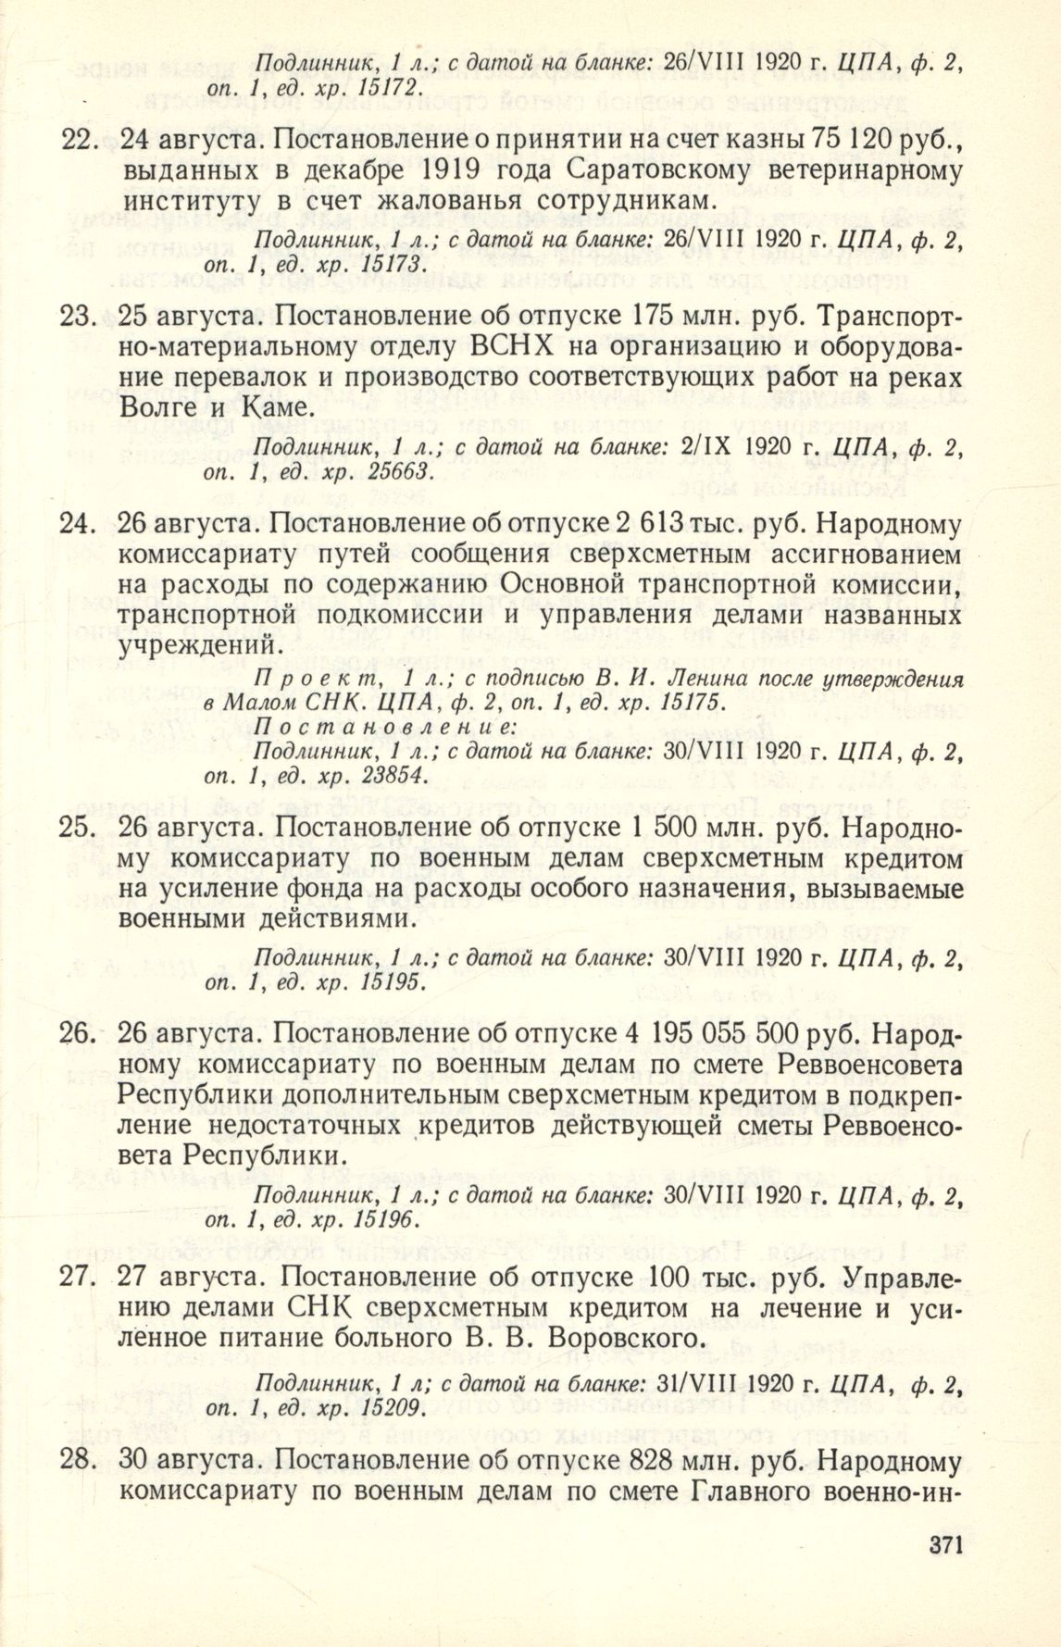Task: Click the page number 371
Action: (943, 1544)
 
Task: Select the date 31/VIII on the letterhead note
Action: (693, 1384)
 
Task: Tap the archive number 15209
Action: (390, 1409)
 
